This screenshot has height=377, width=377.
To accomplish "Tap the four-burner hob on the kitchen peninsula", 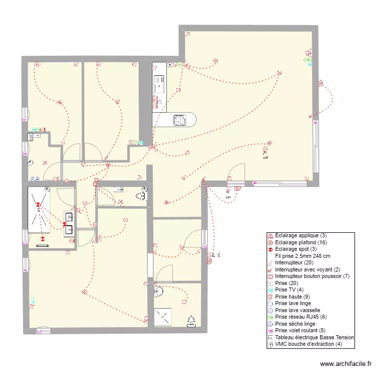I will (180, 120).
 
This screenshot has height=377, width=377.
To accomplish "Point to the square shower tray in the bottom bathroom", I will (164, 317).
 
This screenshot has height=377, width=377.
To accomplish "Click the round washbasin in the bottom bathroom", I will (159, 291).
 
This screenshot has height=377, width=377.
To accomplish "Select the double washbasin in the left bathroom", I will (69, 224).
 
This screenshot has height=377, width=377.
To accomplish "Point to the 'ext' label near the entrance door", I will (228, 197).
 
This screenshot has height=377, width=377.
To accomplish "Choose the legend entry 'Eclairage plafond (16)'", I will (300, 242).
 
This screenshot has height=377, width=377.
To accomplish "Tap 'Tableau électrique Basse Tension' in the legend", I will (315, 338).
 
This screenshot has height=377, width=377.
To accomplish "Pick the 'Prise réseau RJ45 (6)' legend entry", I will (300, 317).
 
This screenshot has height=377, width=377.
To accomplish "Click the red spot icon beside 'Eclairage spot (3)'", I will (270, 249).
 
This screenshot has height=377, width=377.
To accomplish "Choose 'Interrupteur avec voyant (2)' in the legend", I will (308, 269).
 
